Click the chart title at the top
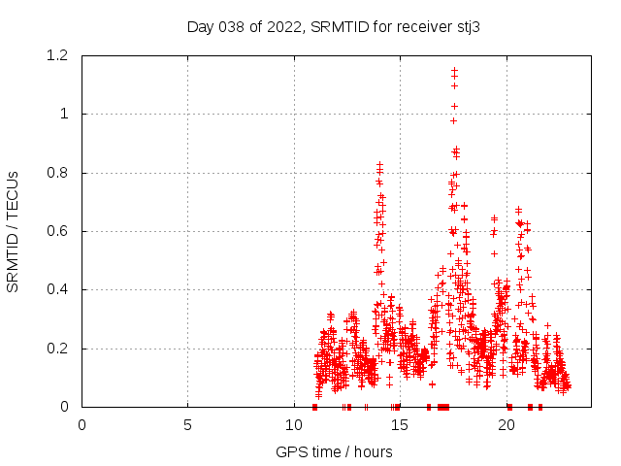pos(334,26)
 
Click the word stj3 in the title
pos(469,26)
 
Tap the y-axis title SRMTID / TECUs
pos(13,231)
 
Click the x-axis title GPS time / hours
pos(334,451)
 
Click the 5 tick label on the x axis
pos(187,424)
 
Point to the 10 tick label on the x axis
pos(294,424)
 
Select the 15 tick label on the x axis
pos(400,424)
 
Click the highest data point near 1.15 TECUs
pos(454,70)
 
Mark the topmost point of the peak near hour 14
pos(379,165)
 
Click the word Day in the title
pos(200,26)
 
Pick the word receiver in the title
pos(427,26)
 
